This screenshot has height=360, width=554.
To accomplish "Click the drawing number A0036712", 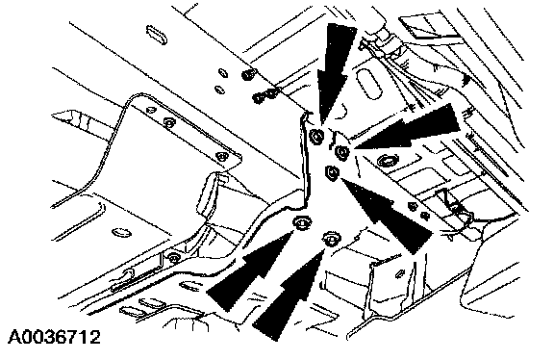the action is coord(54,337).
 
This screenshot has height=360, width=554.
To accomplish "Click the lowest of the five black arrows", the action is coord(288,296).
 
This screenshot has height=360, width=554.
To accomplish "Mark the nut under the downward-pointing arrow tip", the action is coord(316,136).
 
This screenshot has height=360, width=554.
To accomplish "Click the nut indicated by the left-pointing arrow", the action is coord(341,152).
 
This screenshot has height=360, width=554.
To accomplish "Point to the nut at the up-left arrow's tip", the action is coord(332,172).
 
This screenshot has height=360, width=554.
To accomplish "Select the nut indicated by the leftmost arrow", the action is coord(302,222).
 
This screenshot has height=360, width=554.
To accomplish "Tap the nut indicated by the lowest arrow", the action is coord(331,239).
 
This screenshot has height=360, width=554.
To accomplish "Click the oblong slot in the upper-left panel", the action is coord(157,35).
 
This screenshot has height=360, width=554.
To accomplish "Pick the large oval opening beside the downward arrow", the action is coord(369,84).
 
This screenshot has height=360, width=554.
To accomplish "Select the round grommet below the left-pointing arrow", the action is coord(388,162).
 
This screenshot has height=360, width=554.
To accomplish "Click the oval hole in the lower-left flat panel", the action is coord(121,233).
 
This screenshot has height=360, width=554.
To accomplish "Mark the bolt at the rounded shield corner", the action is coord(221,156).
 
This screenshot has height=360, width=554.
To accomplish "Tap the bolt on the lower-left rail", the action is coord(173,257).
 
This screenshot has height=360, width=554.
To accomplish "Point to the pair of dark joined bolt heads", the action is coord(265,95).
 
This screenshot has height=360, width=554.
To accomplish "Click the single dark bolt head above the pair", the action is coord(249,75).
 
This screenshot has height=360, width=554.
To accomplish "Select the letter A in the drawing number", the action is coord(14,337).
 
